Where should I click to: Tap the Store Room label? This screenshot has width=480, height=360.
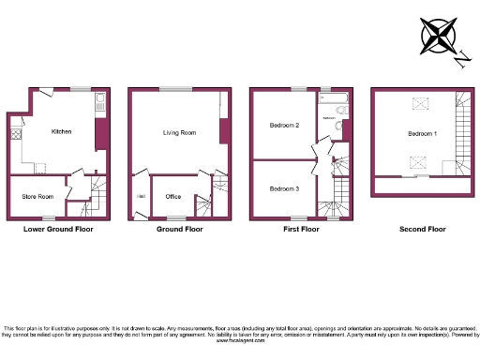tap(37, 196)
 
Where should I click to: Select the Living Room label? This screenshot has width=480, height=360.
tap(179, 133)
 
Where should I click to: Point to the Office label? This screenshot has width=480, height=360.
tap(173, 196)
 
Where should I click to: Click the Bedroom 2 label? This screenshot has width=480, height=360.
tap(284, 125)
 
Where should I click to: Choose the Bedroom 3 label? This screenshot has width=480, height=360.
tap(284, 188)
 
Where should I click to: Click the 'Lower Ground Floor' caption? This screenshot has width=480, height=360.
tap(58, 229)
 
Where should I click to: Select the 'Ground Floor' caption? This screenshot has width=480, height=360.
tap(179, 229)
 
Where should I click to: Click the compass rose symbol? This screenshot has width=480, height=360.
tap(437, 36)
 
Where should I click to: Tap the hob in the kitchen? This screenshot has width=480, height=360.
tap(16, 135)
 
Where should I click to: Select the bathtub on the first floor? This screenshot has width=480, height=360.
tap(333, 98)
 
